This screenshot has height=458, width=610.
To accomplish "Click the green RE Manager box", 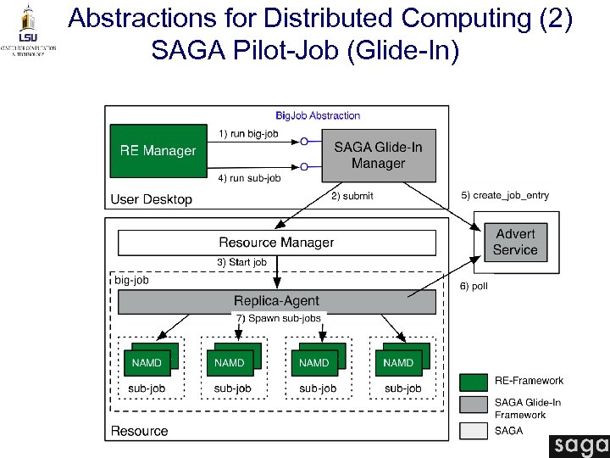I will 158,151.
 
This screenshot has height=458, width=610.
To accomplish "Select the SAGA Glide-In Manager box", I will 379,155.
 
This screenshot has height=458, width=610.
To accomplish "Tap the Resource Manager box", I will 276,243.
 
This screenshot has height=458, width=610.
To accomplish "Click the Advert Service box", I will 515,242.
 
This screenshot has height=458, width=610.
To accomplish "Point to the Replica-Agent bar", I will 276,301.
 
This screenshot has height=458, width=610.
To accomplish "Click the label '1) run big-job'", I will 250,134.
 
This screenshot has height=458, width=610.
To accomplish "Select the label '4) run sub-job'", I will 250,178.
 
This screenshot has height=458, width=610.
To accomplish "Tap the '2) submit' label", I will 352,196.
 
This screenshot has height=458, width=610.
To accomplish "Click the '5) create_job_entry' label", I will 504,196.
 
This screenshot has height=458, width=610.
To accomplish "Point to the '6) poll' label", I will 474,287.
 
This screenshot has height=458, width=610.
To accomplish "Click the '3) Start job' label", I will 242,262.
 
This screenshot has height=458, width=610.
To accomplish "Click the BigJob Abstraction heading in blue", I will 318,115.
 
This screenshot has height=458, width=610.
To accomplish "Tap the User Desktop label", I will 152,199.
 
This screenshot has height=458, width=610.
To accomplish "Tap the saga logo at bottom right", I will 579,445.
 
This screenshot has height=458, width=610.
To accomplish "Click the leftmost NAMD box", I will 146,362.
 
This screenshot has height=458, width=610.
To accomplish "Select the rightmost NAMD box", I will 398,362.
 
